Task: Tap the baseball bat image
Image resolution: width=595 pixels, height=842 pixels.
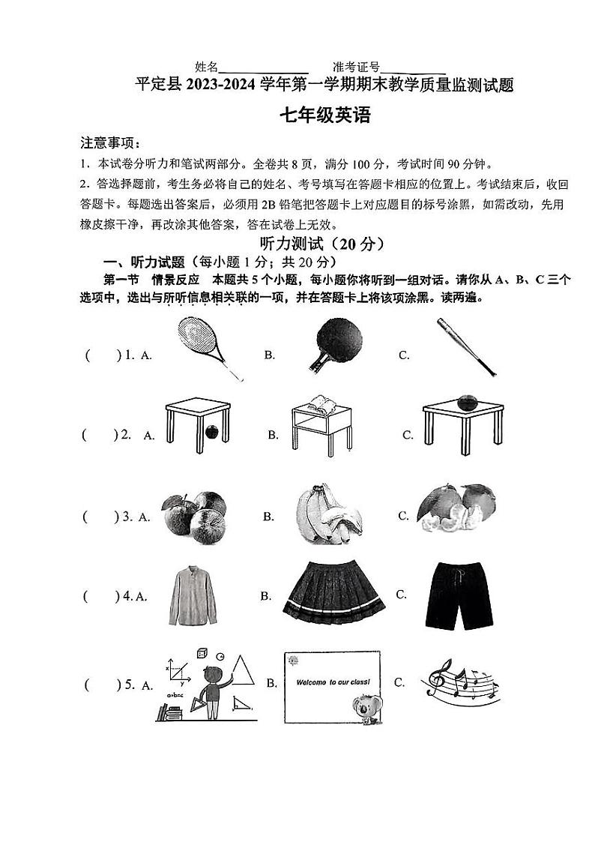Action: [x=465, y=346]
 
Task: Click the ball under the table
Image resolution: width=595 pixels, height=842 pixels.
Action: [x=212, y=432]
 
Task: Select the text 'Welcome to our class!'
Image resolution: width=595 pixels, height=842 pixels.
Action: [x=333, y=683]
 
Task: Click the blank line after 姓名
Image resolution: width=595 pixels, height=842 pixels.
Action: [x=264, y=67]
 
